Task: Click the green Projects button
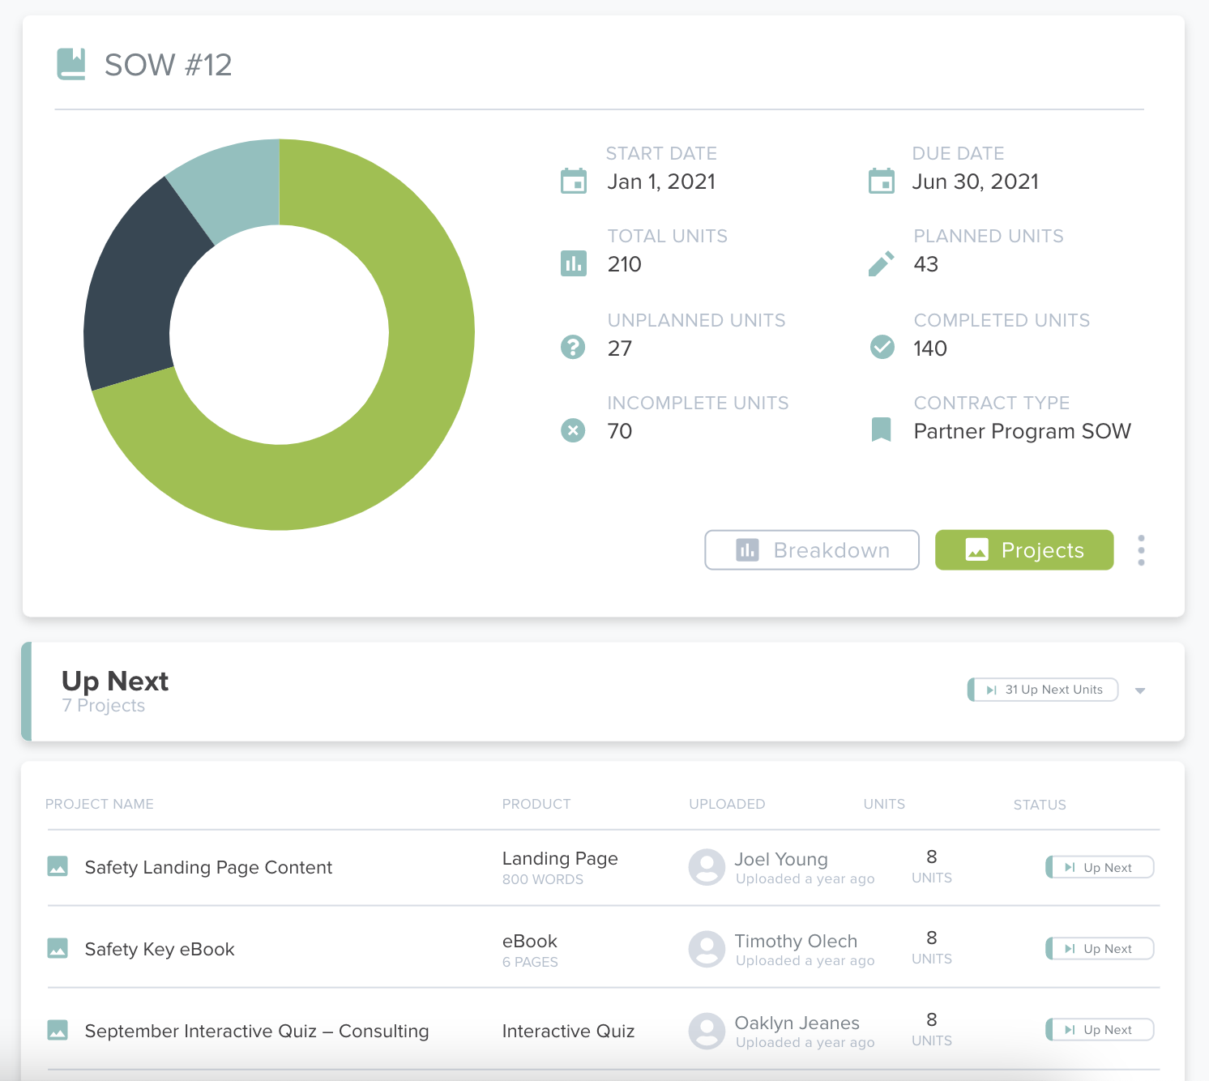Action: tap(1024, 550)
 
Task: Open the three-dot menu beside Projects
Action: tap(1141, 550)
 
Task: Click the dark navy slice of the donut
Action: tap(138, 292)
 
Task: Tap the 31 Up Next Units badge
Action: tap(1044, 690)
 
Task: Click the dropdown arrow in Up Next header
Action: tap(1140, 690)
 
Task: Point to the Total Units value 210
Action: tap(624, 264)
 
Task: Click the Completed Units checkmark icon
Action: tap(882, 347)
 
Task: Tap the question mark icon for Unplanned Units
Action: tap(573, 347)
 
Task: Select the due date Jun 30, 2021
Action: tap(975, 182)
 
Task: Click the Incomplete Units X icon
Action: tap(573, 430)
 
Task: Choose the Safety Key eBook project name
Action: tap(160, 949)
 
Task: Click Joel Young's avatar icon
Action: tap(707, 867)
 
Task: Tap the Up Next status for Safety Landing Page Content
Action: tap(1100, 867)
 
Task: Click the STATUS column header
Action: tap(1039, 805)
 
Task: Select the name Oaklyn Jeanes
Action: tap(797, 1023)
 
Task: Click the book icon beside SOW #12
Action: tap(71, 64)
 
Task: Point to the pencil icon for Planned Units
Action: tap(881, 263)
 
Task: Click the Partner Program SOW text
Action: tap(1022, 431)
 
